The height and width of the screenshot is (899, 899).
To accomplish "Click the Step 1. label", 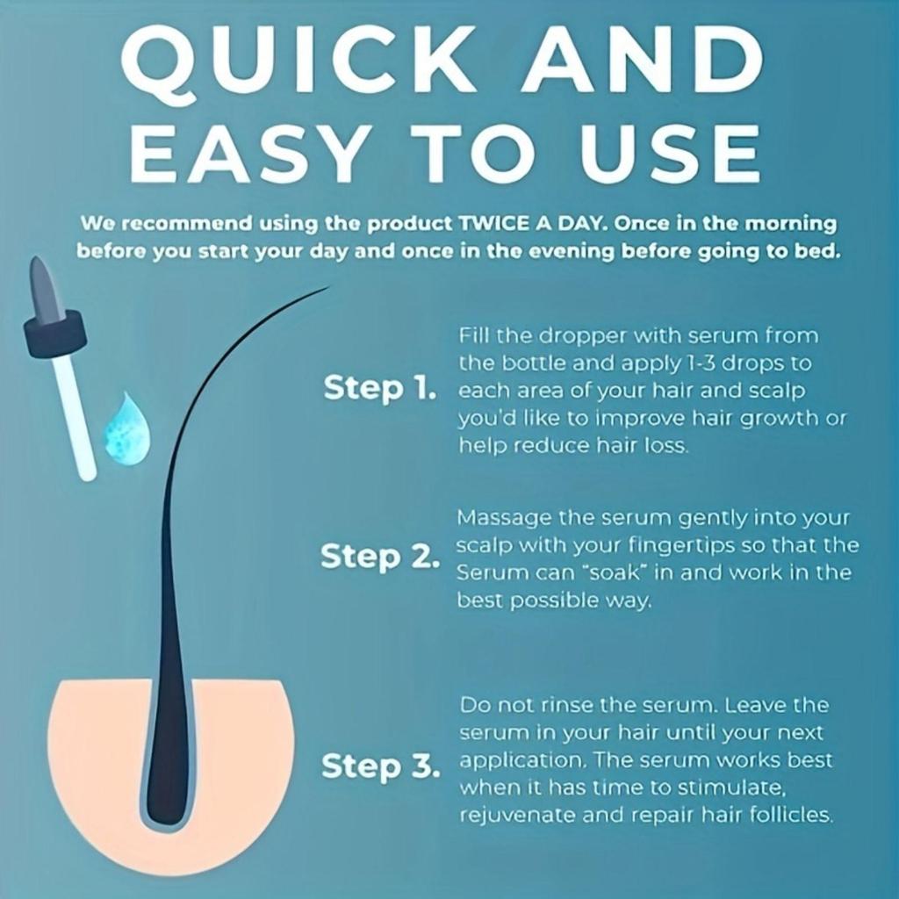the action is (x=379, y=388).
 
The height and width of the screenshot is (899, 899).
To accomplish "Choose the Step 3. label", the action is (x=381, y=766).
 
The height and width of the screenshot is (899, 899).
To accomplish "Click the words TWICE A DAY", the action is (x=533, y=223).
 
